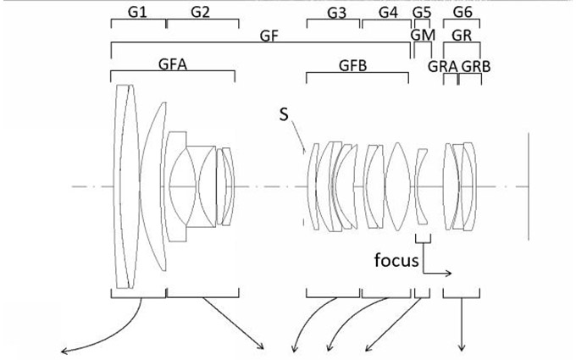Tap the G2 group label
coord(201,13)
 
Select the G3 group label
coord(336,13)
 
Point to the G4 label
coord(388,13)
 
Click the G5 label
coord(422,13)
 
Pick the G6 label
coord(462,13)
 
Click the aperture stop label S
coord(283,114)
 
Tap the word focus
coord(396,260)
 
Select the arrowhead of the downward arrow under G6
coord(462,347)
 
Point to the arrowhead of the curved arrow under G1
coord(61,348)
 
